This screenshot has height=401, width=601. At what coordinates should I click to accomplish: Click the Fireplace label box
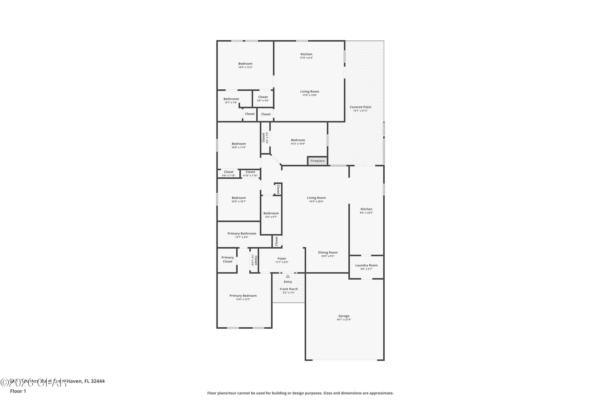tap(317, 161)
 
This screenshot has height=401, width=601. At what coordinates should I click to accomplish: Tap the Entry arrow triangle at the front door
tap(288, 276)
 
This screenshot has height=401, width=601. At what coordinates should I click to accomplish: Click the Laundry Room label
tap(366, 265)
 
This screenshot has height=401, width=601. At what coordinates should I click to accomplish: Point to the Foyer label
tap(282, 259)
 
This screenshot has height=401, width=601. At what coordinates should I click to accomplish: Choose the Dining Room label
tap(328, 252)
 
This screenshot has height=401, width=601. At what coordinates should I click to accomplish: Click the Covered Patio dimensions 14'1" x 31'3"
tap(360, 111)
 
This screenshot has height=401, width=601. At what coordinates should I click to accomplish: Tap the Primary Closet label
tap(227, 259)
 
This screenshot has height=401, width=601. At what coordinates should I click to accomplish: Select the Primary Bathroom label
tap(241, 234)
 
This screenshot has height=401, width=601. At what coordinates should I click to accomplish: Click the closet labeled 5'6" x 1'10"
tap(228, 174)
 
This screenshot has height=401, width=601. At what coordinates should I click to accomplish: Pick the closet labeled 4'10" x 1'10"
tap(250, 174)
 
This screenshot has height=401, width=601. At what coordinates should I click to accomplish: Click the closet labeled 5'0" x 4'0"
tap(263, 98)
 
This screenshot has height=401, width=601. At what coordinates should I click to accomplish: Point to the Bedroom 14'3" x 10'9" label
tap(298, 140)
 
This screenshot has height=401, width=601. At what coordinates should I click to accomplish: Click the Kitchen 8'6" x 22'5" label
tap(366, 209)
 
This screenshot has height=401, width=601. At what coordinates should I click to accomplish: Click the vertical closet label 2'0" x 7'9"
tap(265, 138)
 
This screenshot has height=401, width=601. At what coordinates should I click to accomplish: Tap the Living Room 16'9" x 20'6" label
tap(316, 198)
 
